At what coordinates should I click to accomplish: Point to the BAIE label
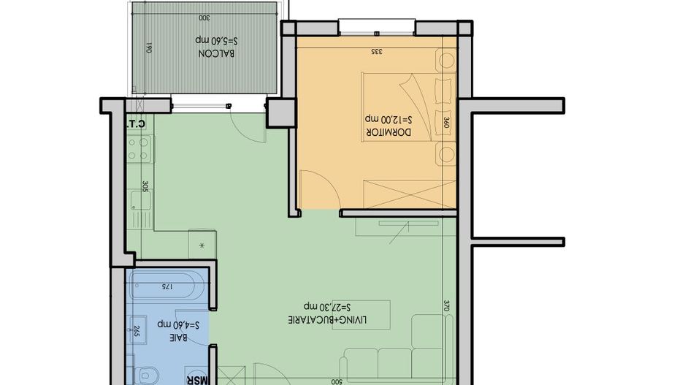point(177,338)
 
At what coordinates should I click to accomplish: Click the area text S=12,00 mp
point(389,118)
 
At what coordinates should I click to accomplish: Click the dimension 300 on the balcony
point(204,17)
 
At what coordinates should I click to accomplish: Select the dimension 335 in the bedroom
point(377,51)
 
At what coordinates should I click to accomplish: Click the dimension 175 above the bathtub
point(166,287)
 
